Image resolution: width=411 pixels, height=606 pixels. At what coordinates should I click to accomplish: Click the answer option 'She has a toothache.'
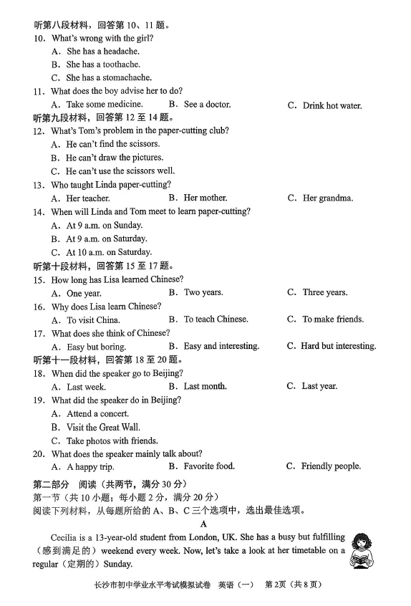click(103, 64)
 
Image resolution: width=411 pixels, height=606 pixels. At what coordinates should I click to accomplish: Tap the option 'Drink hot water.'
click(332, 106)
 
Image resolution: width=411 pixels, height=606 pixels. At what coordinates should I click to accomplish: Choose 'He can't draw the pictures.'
click(115, 158)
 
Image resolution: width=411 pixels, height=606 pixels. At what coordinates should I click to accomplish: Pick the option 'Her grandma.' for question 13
click(327, 198)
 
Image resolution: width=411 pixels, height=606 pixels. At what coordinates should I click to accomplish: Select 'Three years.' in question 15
click(324, 292)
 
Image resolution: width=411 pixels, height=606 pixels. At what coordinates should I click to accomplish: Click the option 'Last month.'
click(205, 386)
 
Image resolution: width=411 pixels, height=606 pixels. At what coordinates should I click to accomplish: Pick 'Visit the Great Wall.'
click(103, 428)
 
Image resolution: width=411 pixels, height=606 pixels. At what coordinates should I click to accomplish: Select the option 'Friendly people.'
click(330, 466)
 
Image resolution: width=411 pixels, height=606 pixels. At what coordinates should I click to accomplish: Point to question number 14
click(39, 212)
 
